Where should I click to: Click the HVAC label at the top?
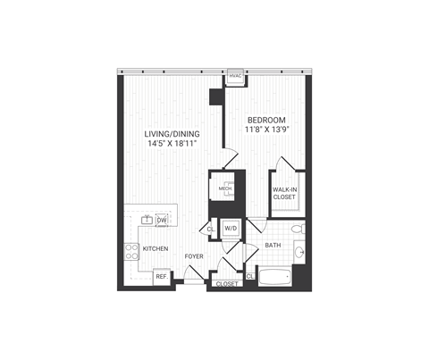coord(236,78)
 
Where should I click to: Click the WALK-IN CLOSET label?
coord(286,194)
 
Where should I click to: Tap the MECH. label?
coord(225,189)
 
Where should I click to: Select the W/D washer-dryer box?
coord(231,230)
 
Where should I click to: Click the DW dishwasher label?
coord(162,221)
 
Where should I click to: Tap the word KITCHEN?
coord(156,248)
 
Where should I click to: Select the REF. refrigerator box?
coord(162,277)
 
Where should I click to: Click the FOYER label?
coord(194,257)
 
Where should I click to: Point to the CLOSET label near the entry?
coord(227,284)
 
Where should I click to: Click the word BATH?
coord(273,245)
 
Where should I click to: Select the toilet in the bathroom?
coord(301,230)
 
